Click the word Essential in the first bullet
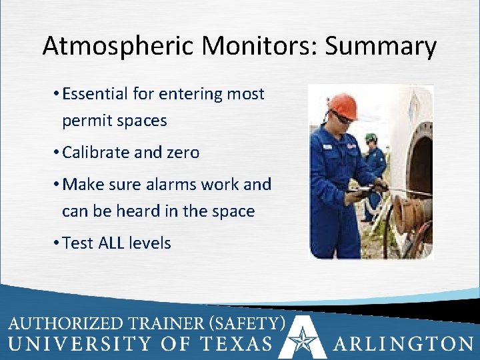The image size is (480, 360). tap(95, 94)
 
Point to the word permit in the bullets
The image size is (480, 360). tap(85, 121)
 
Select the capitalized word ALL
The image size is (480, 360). tap(114, 243)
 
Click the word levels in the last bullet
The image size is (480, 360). tap(153, 243)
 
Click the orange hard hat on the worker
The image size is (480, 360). tap(343, 105)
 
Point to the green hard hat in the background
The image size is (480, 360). tap(371, 137)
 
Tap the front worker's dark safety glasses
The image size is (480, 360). tap(342, 117)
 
